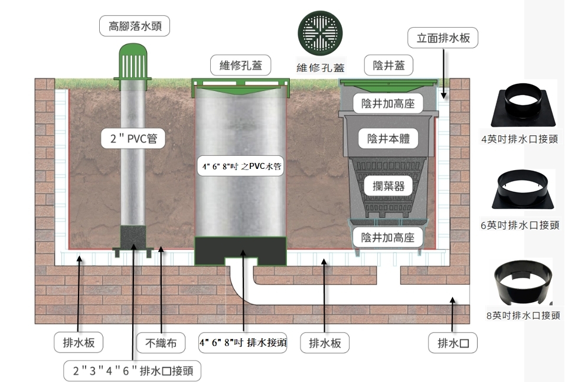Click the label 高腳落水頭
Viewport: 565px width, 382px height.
point(135,26)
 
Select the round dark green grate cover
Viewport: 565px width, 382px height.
point(320,33)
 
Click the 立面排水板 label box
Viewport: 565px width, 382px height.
point(443,38)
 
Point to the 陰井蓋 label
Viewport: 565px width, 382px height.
point(388,65)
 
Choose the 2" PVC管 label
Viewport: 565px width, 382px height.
point(133,138)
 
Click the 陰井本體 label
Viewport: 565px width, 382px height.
point(388,138)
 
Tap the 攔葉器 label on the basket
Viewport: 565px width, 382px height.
point(388,186)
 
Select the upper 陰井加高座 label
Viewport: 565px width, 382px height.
point(388,104)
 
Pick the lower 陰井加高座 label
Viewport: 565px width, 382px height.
point(388,237)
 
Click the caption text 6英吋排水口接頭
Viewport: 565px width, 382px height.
point(520,225)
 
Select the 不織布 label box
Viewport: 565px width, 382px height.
point(161,342)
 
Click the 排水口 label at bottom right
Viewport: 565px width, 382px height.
point(453,342)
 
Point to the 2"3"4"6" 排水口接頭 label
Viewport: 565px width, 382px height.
point(132,370)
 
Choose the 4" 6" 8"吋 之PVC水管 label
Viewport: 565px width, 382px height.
point(241,166)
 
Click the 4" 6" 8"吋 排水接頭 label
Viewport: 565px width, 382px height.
point(243,342)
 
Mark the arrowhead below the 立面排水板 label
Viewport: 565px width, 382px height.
point(443,95)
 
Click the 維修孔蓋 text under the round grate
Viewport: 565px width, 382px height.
point(321,67)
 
